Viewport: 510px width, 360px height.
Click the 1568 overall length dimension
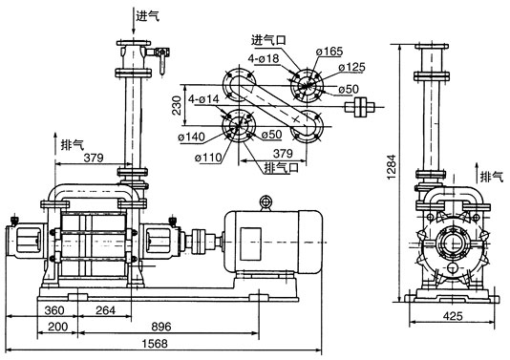coord(155,344)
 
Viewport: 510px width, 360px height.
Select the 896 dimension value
coord(161,327)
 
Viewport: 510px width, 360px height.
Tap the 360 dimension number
coord(54,310)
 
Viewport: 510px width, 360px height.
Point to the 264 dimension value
coord(105,310)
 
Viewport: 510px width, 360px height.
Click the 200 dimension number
coord(57,327)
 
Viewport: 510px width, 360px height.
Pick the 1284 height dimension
coord(392,166)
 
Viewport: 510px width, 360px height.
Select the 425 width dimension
coord(453,316)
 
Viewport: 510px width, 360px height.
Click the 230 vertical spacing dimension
coord(177,105)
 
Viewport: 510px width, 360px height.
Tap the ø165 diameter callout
coord(329,52)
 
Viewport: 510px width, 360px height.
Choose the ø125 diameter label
coord(351,67)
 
